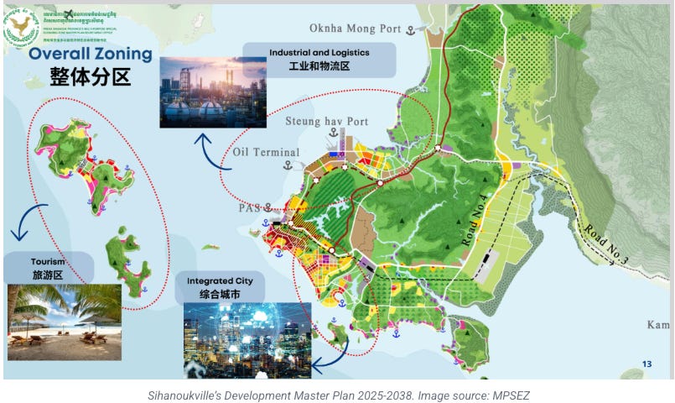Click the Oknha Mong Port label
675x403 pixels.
tap(355, 28)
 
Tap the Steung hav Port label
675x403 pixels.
tap(334, 122)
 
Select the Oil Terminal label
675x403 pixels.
tap(266, 152)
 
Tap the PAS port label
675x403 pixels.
tap(249, 207)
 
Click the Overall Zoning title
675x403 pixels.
tap(90, 55)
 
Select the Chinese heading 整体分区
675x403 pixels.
tap(91, 78)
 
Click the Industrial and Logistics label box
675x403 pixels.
tap(319, 59)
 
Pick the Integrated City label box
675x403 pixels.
tap(221, 286)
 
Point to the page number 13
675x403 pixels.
tap(646, 364)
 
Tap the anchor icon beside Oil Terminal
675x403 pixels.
tap(288, 165)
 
